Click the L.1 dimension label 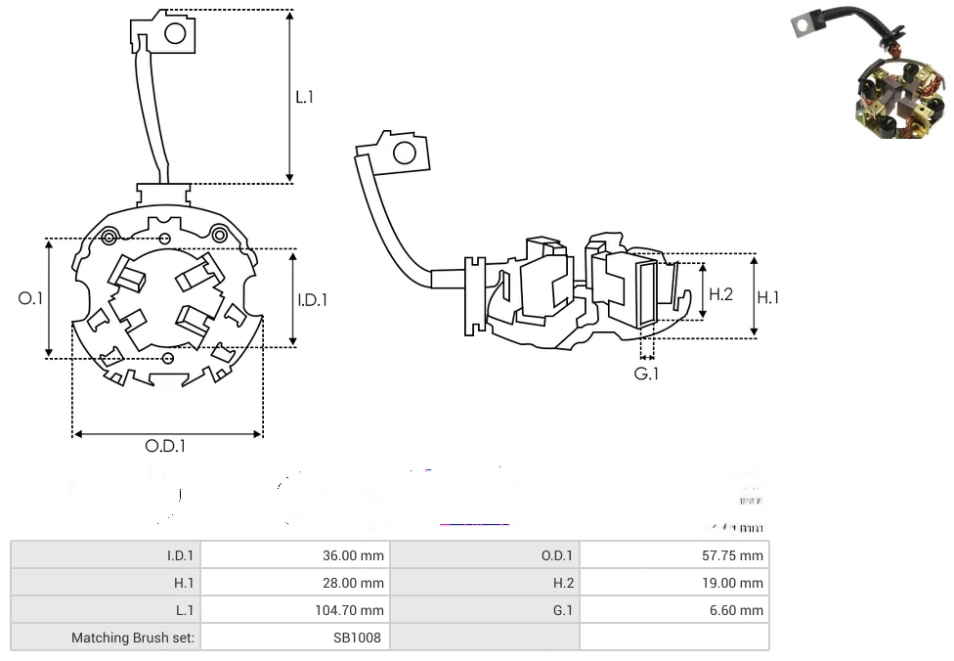click(x=305, y=97)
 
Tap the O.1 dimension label click(x=31, y=298)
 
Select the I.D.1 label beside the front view click(x=313, y=300)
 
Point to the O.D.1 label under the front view click(x=165, y=446)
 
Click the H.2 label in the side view click(x=720, y=293)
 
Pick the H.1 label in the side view click(x=768, y=297)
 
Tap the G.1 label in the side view click(x=646, y=374)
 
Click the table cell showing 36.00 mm click(x=353, y=555)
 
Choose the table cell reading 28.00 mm click(x=353, y=583)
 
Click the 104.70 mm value click(x=349, y=610)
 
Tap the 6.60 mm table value click(x=741, y=610)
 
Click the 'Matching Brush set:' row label click(x=133, y=638)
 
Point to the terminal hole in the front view click(x=175, y=33)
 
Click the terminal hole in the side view click(x=403, y=153)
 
